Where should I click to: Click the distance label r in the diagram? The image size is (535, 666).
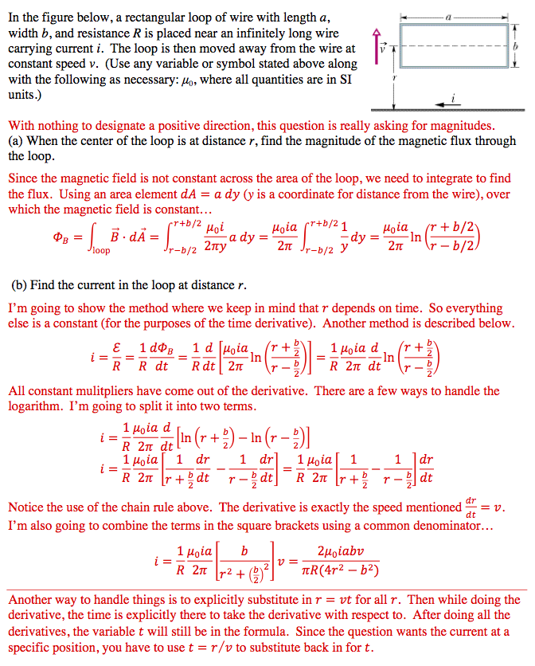point(395,80)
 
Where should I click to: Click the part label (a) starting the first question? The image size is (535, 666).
point(17,142)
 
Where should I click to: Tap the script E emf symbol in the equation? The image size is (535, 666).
point(118,346)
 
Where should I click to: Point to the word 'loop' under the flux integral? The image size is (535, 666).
point(101,251)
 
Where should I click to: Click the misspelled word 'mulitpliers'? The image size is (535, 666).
point(124,391)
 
